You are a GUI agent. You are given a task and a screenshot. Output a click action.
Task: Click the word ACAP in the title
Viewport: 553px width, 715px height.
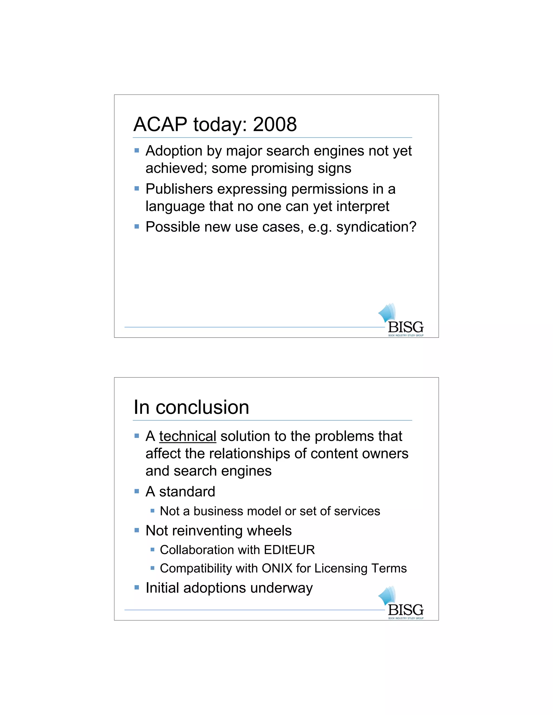click(x=160, y=124)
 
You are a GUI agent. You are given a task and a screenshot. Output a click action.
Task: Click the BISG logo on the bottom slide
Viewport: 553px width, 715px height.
click(x=402, y=603)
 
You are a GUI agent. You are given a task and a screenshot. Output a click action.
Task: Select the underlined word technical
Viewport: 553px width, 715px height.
click(x=187, y=436)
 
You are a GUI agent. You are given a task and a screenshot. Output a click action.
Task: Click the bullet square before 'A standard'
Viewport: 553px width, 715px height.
click(x=137, y=491)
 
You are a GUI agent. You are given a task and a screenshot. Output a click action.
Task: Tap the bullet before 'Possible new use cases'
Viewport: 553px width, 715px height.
click(x=137, y=226)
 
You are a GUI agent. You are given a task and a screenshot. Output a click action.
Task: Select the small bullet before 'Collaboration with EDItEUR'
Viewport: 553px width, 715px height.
click(x=152, y=550)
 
